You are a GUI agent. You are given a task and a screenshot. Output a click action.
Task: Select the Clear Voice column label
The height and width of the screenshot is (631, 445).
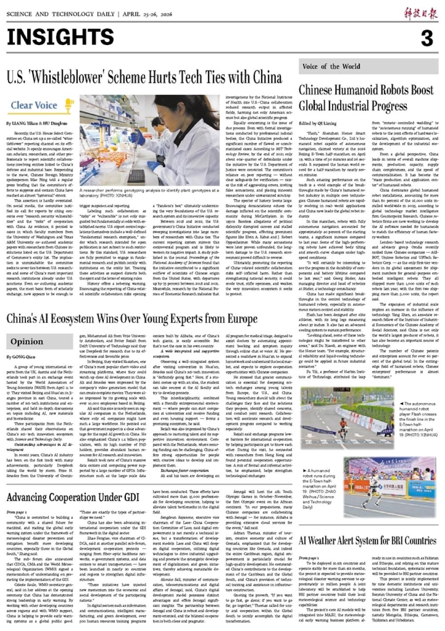pyautogui.click(x=34, y=106)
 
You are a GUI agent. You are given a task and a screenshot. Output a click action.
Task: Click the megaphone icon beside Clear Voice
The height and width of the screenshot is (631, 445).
pyautogui.click(x=69, y=106)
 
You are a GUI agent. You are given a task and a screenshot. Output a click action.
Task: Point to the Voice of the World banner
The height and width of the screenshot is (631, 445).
pyautogui.click(x=332, y=66)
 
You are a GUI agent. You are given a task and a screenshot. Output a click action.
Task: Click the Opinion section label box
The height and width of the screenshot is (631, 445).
pyautogui.click(x=27, y=342)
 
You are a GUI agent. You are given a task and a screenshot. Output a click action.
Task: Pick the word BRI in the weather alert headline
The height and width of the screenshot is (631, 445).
pyautogui.click(x=392, y=541)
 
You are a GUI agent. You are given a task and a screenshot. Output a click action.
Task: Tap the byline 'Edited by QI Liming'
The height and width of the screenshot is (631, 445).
pyautogui.click(x=318, y=123)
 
